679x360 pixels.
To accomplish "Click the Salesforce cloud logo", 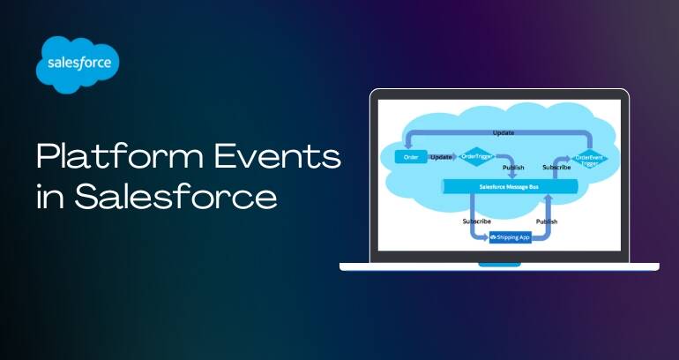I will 78,64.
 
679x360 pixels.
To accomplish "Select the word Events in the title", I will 285,158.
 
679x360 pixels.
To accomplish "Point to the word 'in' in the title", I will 49,196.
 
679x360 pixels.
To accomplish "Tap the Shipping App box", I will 511,237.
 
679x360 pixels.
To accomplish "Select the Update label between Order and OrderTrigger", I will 441,157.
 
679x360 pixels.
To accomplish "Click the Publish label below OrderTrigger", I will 512,167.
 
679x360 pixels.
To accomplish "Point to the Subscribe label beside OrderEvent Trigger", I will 556,167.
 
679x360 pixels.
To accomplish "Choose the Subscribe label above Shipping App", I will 476,221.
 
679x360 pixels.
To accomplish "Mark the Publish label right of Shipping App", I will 548,221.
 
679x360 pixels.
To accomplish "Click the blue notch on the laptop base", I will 499,264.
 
